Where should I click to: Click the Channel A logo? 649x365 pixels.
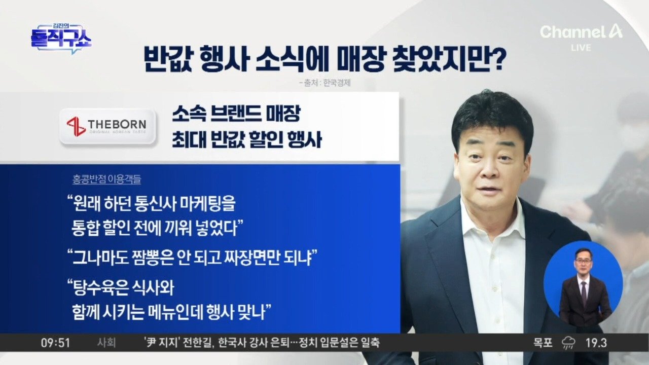581,32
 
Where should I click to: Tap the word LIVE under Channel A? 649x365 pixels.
581,48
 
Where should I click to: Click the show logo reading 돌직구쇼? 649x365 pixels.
61,39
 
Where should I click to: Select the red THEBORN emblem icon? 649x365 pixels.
76,127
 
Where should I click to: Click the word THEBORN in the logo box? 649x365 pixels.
117,125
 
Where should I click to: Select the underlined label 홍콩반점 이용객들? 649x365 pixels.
107,179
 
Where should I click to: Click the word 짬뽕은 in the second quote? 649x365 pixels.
153,257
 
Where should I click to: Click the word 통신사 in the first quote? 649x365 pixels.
156,204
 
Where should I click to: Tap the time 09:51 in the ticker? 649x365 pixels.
55,343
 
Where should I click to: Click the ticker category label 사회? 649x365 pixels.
106,343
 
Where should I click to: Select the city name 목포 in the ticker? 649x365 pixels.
543,343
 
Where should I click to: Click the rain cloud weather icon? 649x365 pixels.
569,344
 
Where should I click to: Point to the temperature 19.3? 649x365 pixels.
596,343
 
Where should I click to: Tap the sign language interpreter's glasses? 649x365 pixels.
583,261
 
